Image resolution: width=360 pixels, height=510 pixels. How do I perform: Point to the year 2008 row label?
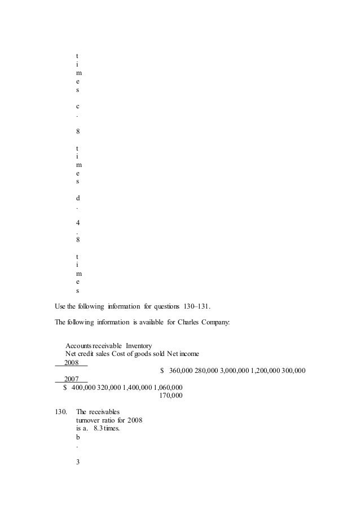click(72, 362)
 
